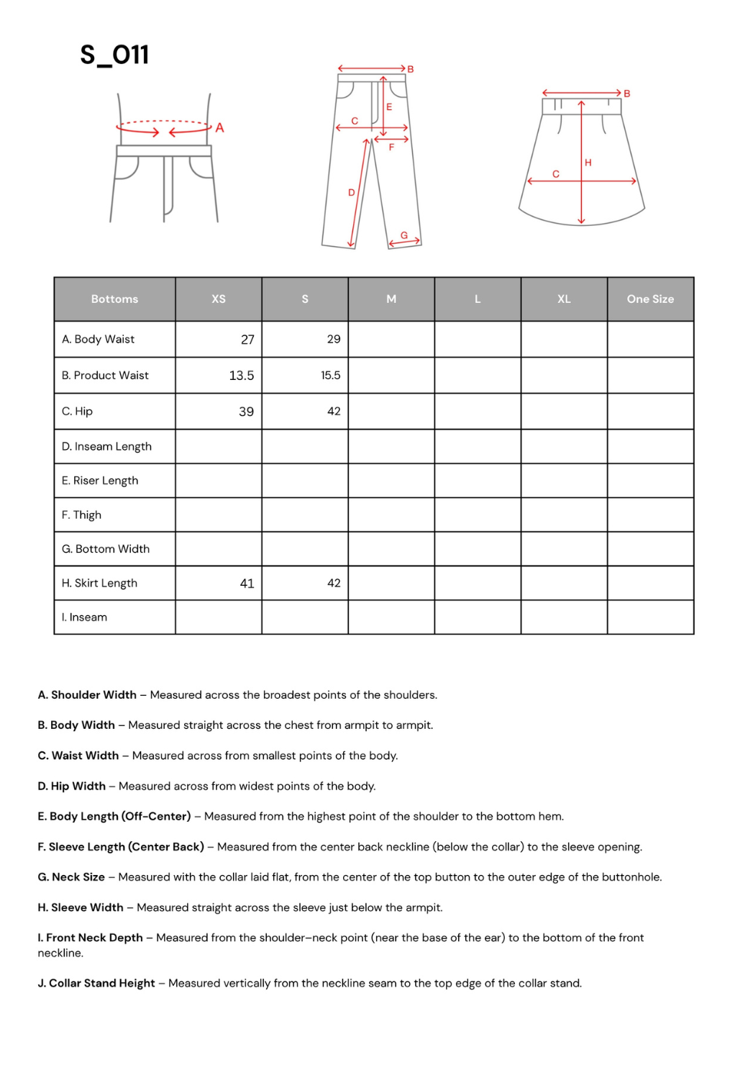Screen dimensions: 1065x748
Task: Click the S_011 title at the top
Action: pyautogui.click(x=114, y=55)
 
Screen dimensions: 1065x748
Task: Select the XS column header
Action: pyautogui.click(x=219, y=299)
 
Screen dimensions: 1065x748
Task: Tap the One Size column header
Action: pyautogui.click(x=650, y=299)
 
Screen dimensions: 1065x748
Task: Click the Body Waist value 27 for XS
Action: pyautogui.click(x=247, y=340)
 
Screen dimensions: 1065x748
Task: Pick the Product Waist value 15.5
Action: pyautogui.click(x=330, y=376)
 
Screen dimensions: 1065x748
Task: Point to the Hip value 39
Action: pyautogui.click(x=246, y=412)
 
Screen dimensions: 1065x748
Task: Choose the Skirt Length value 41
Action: pyautogui.click(x=247, y=584)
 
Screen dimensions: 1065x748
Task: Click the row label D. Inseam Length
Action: pyautogui.click(x=106, y=446)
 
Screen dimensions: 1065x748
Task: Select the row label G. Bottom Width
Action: pyautogui.click(x=106, y=549)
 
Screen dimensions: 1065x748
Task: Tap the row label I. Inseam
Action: pyautogui.click(x=84, y=617)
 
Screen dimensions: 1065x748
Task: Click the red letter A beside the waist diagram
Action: pyautogui.click(x=219, y=128)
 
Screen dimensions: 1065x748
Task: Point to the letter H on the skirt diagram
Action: pyautogui.click(x=588, y=163)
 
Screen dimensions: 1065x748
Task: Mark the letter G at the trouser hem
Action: pyautogui.click(x=404, y=235)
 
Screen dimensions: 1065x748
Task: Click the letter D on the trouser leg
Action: pyautogui.click(x=352, y=193)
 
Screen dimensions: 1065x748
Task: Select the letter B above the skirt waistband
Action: pyautogui.click(x=627, y=94)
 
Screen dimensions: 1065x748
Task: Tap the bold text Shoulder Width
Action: pyautogui.click(x=93, y=695)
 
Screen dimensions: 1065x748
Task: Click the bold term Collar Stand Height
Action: pyautogui.click(x=101, y=984)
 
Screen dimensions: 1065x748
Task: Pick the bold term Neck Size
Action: pyautogui.click(x=78, y=877)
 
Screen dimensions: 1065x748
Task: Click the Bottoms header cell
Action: pyautogui.click(x=114, y=299)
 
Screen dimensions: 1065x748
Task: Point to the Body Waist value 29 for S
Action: pyautogui.click(x=334, y=340)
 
